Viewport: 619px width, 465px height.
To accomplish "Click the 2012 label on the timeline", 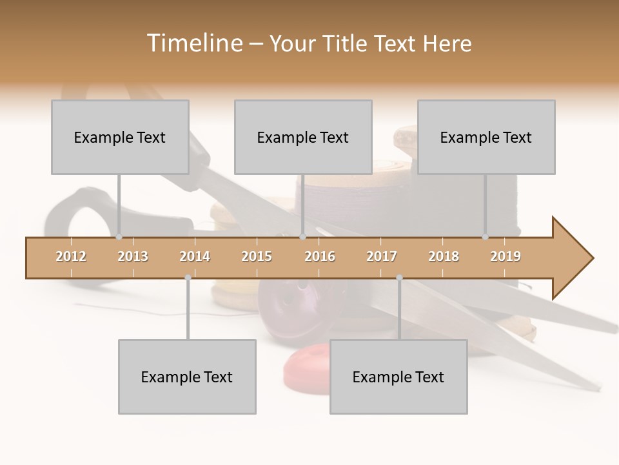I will click(x=71, y=257).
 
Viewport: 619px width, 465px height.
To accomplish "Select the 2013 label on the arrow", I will click(x=133, y=257).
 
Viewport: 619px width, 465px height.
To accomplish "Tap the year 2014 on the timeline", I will click(x=195, y=257).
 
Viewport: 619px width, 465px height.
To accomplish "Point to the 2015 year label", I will click(x=257, y=257).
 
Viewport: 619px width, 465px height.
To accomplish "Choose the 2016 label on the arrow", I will click(x=320, y=257).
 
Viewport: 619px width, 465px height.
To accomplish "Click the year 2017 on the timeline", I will click(x=382, y=257).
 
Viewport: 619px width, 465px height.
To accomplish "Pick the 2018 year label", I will click(x=444, y=257).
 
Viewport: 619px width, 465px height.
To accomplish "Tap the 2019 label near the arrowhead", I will click(x=506, y=257).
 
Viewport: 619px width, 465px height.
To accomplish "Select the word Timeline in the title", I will click(x=193, y=43).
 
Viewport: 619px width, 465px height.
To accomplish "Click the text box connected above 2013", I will click(x=120, y=137).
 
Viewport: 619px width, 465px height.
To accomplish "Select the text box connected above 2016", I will click(x=303, y=137).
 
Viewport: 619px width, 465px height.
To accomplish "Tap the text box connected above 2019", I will click(x=486, y=137).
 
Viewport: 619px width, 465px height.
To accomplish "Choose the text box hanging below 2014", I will click(x=187, y=377).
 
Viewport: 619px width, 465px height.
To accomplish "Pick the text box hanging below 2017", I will click(x=398, y=377).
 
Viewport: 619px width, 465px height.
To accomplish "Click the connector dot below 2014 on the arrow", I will click(x=188, y=278).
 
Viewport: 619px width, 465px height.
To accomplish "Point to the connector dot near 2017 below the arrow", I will click(x=399, y=278).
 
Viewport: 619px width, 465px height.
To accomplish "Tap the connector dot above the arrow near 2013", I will click(x=119, y=237).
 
